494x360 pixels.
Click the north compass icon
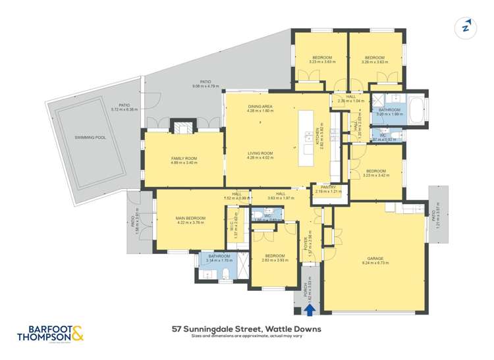466,27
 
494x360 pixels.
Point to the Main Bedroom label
191,218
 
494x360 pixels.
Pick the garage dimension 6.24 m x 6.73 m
375,263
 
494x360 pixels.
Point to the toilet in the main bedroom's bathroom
226,274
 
